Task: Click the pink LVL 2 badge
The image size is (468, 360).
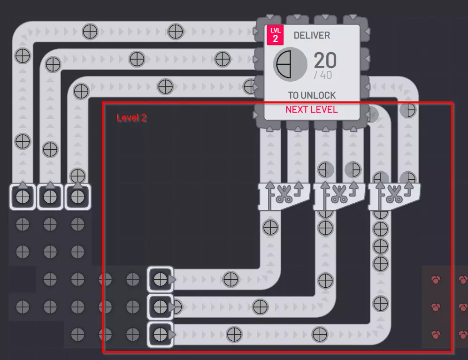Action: pyautogui.click(x=275, y=35)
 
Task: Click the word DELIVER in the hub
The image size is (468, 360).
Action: pyautogui.click(x=312, y=36)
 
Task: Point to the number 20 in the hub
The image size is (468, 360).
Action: pyautogui.click(x=325, y=60)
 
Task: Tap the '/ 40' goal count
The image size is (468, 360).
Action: pyautogui.click(x=323, y=75)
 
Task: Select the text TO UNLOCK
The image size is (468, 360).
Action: pyautogui.click(x=312, y=95)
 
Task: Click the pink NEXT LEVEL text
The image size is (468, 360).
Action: pyautogui.click(x=312, y=109)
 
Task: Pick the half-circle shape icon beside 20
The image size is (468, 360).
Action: pyautogui.click(x=290, y=64)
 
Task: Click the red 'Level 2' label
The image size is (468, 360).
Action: pyautogui.click(x=131, y=118)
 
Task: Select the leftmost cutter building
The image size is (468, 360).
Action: pyautogui.click(x=284, y=196)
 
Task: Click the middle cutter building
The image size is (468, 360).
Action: pyautogui.click(x=339, y=196)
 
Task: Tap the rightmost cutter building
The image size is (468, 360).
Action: pyautogui.click(x=394, y=196)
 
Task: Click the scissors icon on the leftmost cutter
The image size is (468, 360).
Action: pyautogui.click(x=284, y=194)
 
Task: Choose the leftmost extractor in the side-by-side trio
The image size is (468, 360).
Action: pyautogui.click(x=23, y=197)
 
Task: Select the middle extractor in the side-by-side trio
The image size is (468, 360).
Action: pyautogui.click(x=50, y=197)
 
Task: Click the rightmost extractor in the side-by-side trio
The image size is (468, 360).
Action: pyautogui.click(x=77, y=197)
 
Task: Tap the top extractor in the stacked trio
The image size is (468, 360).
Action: pyautogui.click(x=161, y=279)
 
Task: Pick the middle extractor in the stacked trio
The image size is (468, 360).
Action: pyautogui.click(x=161, y=306)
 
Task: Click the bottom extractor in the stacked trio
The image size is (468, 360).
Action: pyautogui.click(x=161, y=334)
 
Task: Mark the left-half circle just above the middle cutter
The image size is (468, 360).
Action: pyautogui.click(x=325, y=170)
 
